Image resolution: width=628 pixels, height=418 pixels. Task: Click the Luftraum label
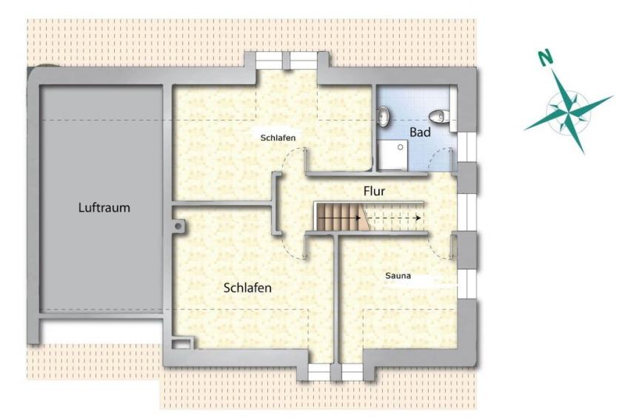[104, 208]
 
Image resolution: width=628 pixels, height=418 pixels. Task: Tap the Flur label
[374, 191]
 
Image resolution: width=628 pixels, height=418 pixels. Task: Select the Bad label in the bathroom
[420, 132]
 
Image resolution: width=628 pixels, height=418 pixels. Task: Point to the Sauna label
[398, 276]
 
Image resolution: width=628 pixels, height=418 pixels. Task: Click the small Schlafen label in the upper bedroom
[278, 138]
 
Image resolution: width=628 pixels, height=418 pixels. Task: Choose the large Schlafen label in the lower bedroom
[247, 288]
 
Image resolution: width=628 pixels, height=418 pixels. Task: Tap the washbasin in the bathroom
[384, 116]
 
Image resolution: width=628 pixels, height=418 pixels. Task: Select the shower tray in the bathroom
[393, 155]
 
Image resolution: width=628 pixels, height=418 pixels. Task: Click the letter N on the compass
[545, 58]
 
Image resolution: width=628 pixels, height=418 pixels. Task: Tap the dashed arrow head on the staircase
[418, 218]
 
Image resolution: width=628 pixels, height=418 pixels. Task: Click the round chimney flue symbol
[178, 226]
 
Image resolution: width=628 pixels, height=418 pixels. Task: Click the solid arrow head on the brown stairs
[357, 218]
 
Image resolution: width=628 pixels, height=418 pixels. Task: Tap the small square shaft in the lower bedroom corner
[182, 343]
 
